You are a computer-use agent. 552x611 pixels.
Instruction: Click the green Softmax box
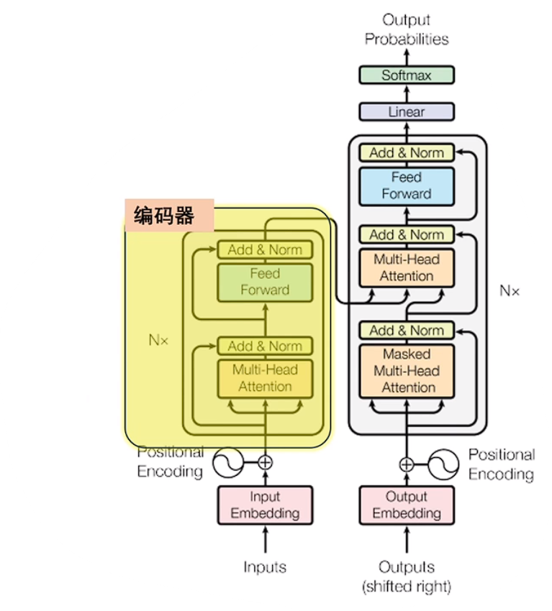[406, 75]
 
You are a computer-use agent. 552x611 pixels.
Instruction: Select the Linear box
[406, 112]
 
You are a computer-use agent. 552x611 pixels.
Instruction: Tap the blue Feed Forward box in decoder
[406, 185]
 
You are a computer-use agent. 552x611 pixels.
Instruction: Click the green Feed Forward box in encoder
[265, 282]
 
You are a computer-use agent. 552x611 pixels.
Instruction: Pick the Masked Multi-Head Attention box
[406, 371]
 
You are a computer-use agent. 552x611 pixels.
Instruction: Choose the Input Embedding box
[265, 505]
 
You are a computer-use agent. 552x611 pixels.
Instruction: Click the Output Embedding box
[406, 505]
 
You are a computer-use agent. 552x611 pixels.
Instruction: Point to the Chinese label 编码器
[164, 216]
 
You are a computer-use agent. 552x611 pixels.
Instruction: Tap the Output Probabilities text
[406, 29]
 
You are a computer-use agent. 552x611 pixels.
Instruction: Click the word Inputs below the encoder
[265, 567]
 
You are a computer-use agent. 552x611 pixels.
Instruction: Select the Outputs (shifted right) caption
[406, 576]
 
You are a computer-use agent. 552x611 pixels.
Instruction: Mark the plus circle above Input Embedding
[266, 462]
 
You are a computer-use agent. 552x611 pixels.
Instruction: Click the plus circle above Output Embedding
[407, 464]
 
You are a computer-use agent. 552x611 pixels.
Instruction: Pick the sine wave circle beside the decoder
[443, 464]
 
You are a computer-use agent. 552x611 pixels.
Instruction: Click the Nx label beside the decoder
[510, 291]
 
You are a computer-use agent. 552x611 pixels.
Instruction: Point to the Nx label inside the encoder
[158, 340]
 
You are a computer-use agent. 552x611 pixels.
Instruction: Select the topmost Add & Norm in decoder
[406, 152]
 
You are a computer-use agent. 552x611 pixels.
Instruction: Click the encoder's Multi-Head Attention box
[265, 378]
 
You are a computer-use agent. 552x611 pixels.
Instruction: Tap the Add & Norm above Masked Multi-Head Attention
[406, 331]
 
